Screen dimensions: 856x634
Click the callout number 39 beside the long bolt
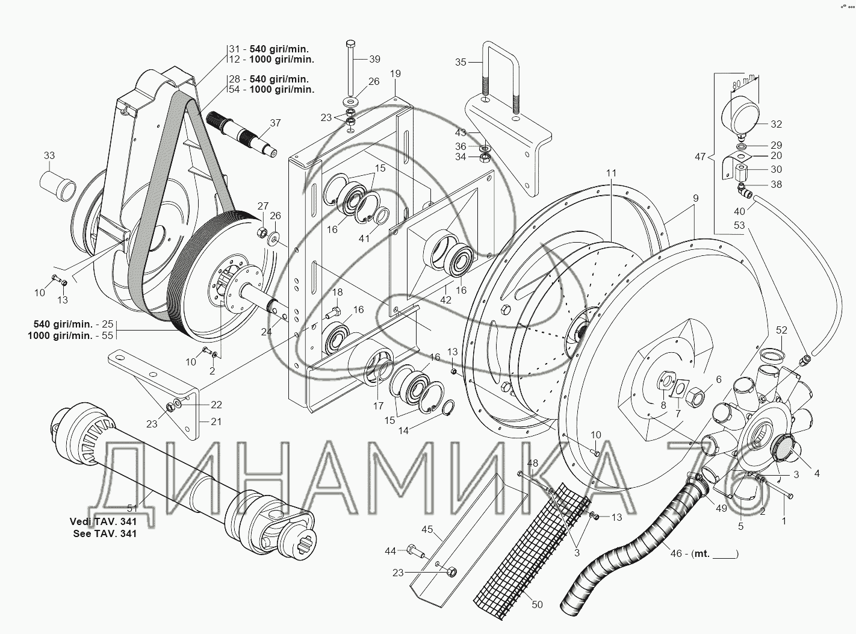click(374, 59)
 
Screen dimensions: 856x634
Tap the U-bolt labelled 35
click(500, 75)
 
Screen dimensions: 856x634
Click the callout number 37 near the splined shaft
click(275, 123)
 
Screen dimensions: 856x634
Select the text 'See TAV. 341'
click(103, 533)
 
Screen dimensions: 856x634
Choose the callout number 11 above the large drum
click(611, 173)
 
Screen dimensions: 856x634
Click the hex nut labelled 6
click(697, 396)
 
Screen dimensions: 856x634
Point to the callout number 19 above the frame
click(395, 74)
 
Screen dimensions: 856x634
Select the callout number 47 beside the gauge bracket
click(700, 157)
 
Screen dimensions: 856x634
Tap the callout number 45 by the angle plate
click(427, 530)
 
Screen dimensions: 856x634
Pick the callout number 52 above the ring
click(781, 330)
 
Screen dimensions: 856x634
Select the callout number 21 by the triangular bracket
click(216, 421)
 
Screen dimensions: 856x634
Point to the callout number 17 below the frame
click(378, 406)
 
